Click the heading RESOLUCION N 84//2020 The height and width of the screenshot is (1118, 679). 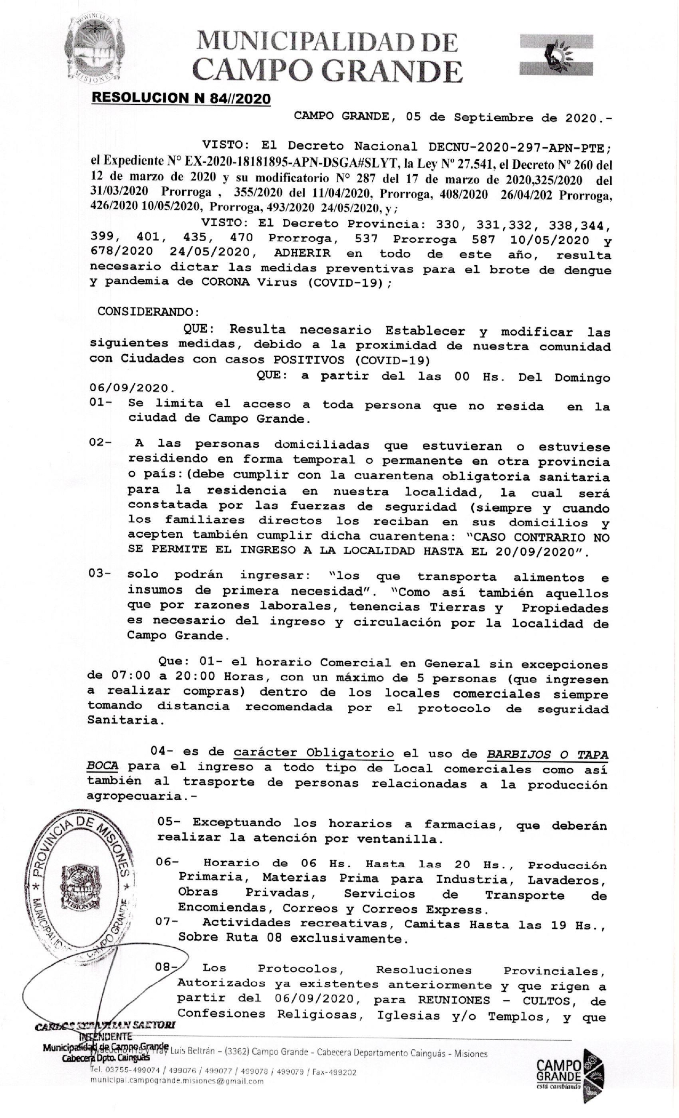point(181,98)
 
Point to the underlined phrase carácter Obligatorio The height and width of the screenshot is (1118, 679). point(314,753)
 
